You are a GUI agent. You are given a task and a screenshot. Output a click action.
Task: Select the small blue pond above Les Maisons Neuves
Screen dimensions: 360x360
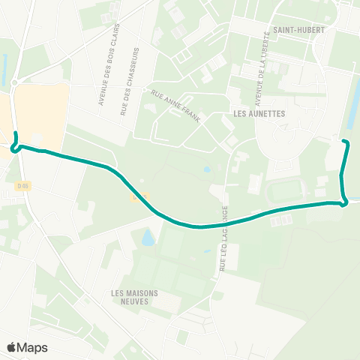click(148, 238)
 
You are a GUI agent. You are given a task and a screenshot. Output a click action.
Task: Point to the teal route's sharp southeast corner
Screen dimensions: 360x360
click(344, 202)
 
